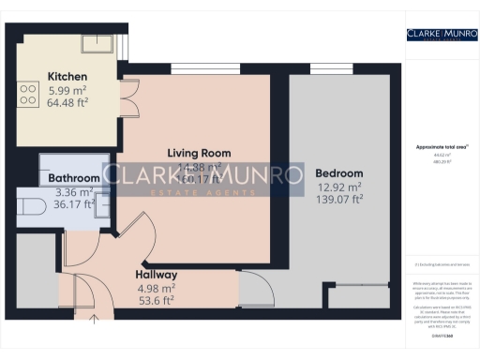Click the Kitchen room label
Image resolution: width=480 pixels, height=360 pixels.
pyautogui.click(x=67, y=76)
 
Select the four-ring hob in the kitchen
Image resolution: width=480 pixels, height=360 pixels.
pyautogui.click(x=25, y=93)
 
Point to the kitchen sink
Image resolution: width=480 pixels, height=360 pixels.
pyautogui.click(x=97, y=42)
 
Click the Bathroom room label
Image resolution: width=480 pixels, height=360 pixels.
pyautogui.click(x=74, y=177)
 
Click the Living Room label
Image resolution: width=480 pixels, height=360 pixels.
pyautogui.click(x=199, y=153)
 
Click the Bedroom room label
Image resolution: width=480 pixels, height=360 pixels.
pyautogui.click(x=339, y=173)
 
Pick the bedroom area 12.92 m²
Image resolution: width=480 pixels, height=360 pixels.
pyautogui.click(x=339, y=187)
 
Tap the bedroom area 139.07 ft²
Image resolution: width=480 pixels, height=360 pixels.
pyautogui.click(x=339, y=201)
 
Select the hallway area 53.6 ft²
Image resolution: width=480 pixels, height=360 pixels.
pyautogui.click(x=156, y=301)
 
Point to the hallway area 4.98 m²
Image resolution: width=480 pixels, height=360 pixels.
pyautogui.click(x=156, y=288)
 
